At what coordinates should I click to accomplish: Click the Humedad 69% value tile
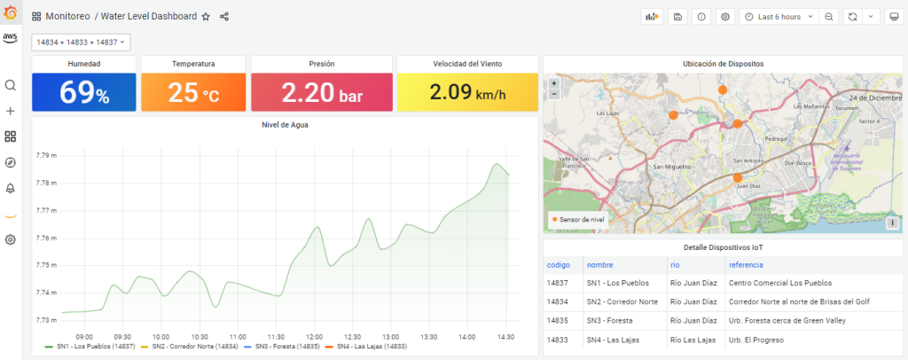(84, 92)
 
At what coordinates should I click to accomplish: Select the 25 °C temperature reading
(192, 92)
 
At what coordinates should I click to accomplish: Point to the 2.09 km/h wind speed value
(466, 92)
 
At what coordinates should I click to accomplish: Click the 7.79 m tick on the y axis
(46, 156)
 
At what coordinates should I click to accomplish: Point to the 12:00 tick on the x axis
(314, 337)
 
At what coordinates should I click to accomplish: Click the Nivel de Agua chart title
(285, 125)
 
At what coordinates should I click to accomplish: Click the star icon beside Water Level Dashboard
(206, 17)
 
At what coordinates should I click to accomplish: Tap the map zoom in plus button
(554, 83)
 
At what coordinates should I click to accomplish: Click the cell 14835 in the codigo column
(558, 320)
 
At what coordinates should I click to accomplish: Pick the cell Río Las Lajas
(693, 340)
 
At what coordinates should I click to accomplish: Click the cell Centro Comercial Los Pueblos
(780, 283)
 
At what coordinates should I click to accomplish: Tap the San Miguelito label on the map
(669, 166)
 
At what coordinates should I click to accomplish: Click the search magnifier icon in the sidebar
(11, 85)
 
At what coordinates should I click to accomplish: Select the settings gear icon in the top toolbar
(725, 17)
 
